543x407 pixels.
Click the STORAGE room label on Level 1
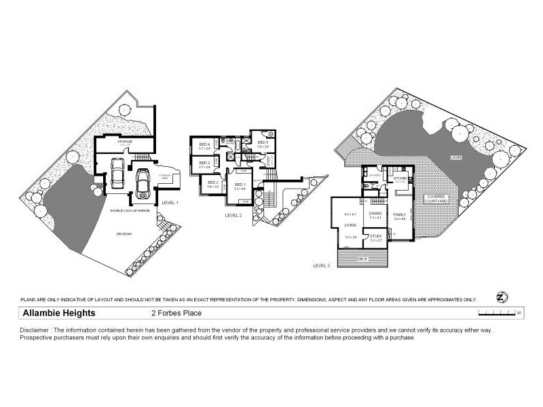click(x=124, y=141)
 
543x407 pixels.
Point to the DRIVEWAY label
click(x=124, y=234)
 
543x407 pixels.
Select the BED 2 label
click(x=212, y=182)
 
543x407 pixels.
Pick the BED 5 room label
click(x=263, y=142)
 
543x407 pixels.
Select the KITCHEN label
click(x=400, y=177)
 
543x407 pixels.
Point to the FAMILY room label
click(x=399, y=214)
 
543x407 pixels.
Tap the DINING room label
click(x=375, y=213)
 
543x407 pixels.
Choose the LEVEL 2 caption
click(x=233, y=215)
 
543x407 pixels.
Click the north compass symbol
click(x=502, y=298)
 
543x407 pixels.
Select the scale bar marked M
click(x=499, y=313)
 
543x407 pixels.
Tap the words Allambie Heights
click(x=59, y=313)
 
